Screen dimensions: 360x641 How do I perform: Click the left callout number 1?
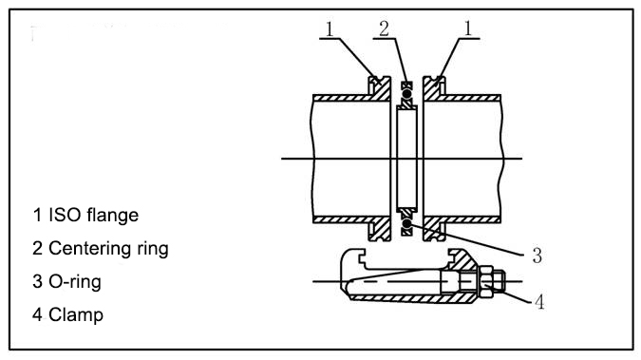click(329, 28)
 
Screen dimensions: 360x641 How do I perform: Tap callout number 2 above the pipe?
click(383, 28)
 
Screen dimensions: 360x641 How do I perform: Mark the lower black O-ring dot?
click(406, 223)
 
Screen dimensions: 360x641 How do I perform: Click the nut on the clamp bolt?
click(491, 282)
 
